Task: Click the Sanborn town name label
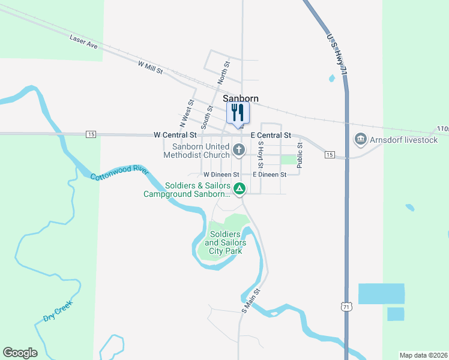pos(240,98)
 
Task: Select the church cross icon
pos(239,150)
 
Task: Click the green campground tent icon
pos(239,190)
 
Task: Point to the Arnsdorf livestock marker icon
pos(360,140)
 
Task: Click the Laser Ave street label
pos(83,41)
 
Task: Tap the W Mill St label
pos(150,67)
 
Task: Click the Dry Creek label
pos(58,311)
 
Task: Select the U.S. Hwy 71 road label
pos(337,55)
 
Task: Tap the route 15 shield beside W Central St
pos(91,134)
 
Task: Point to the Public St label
pos(300,155)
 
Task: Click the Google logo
pos(20,353)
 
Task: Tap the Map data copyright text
pos(424,355)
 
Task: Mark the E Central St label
pos(271,136)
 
